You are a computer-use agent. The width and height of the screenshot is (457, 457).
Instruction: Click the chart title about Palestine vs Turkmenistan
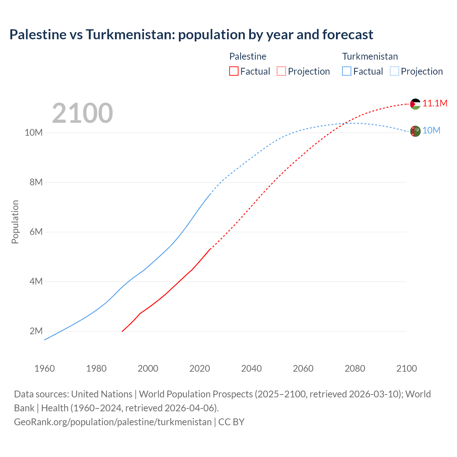191,35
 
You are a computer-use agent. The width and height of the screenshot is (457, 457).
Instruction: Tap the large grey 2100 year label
82,113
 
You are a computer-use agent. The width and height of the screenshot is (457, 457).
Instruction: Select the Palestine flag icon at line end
415,104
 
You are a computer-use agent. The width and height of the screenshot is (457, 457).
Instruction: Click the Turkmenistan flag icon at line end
415,131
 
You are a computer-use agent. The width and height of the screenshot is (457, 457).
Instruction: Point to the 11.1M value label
435,104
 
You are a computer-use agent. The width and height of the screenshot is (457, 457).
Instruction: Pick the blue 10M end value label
431,131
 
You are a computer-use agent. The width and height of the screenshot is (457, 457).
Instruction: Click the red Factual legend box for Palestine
233,71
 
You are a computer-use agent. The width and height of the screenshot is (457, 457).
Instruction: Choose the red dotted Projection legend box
281,71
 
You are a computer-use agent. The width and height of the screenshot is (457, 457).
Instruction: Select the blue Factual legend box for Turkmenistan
347,71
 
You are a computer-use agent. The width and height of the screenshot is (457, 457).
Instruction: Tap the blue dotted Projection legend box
395,71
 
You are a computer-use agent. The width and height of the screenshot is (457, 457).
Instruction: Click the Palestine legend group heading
248,56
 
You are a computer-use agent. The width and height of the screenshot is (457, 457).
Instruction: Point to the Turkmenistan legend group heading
370,56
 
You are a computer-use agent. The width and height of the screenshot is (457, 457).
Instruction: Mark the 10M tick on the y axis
34,133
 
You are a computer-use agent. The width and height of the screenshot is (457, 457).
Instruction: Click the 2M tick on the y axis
36,331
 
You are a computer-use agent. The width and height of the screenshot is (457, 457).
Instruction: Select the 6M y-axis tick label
36,232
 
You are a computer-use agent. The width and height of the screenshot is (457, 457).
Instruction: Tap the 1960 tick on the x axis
45,368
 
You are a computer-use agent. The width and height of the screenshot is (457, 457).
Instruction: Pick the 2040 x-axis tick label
251,368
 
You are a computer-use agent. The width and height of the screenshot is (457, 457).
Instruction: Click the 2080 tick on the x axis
355,368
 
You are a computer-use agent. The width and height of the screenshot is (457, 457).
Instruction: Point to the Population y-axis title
15,222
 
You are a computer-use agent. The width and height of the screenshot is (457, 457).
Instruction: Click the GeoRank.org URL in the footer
113,422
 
